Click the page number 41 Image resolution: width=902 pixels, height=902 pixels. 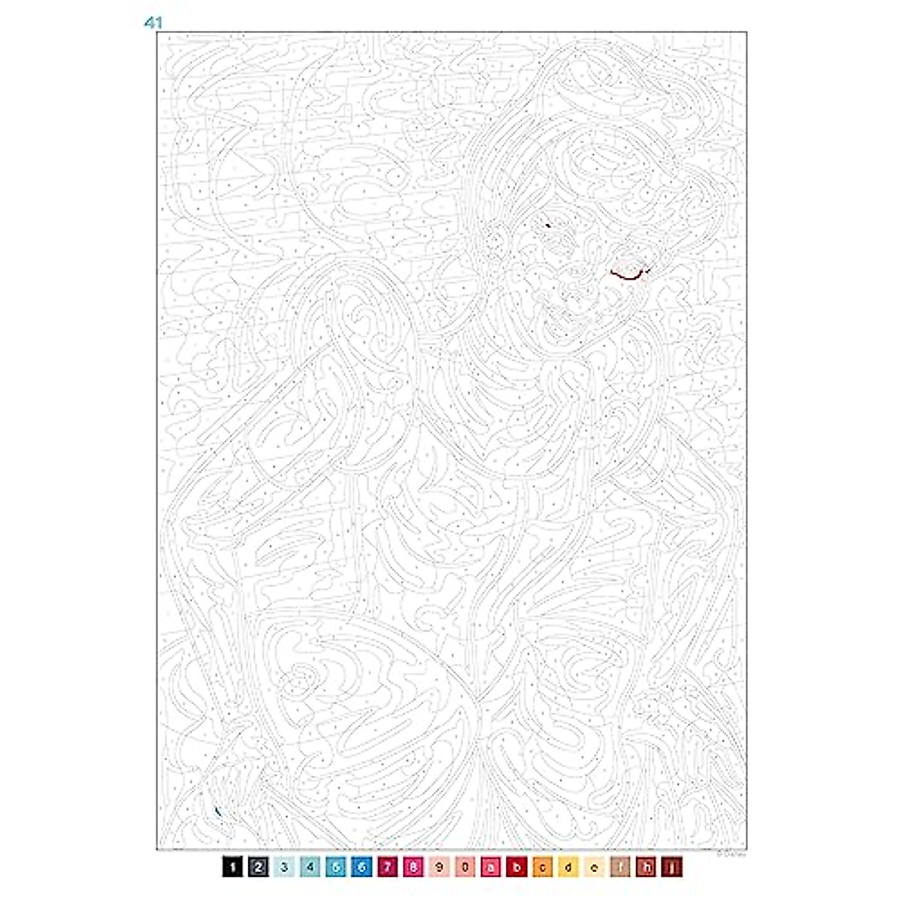[153, 23]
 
